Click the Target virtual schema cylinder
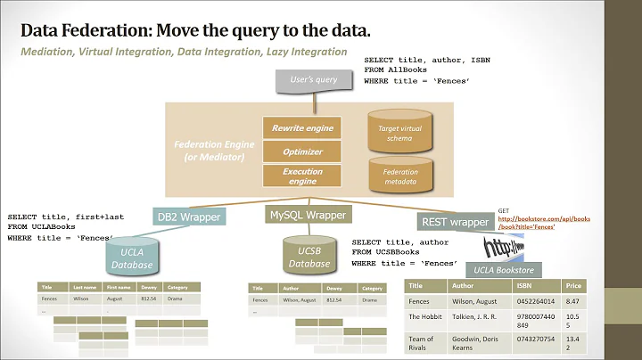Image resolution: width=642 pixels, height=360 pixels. tap(400, 134)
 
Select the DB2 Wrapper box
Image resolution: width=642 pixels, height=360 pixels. tap(188, 217)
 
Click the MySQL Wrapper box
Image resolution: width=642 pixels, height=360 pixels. tap(307, 215)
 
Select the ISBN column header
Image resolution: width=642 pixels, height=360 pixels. tap(525, 286)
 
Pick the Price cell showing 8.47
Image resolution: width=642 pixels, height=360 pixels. tap(573, 301)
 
